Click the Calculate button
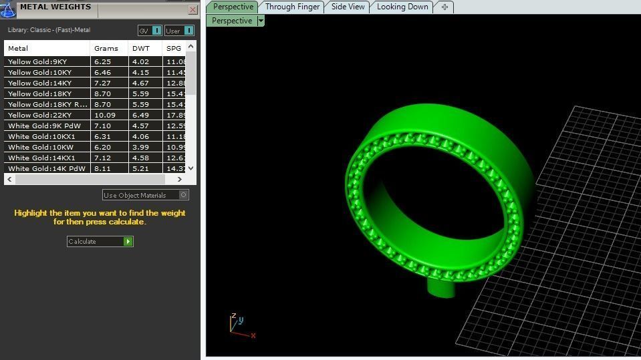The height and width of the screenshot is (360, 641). [100, 241]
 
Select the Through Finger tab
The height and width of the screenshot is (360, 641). [291, 7]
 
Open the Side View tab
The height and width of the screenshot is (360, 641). [348, 7]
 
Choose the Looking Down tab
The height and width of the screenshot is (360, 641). [402, 7]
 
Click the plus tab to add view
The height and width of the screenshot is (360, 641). [444, 7]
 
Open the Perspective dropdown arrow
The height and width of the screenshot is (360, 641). [261, 21]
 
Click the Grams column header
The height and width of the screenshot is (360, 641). [106, 48]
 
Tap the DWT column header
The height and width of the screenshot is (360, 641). [141, 48]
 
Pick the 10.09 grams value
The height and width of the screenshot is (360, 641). [105, 115]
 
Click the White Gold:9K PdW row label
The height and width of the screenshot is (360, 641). [44, 126]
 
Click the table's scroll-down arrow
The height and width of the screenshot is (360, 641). [190, 168]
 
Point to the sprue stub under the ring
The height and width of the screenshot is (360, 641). [441, 288]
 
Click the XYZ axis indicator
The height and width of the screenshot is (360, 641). [239, 325]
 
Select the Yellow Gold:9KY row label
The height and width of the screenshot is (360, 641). [37, 61]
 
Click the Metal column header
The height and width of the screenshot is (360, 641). [18, 48]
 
